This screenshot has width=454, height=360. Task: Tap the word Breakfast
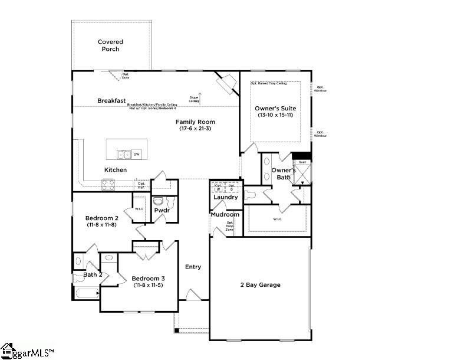click(x=111, y=100)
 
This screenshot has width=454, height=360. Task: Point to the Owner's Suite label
click(x=275, y=109)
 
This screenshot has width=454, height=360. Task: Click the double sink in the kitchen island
click(x=124, y=155)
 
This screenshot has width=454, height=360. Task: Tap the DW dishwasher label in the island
click(x=137, y=155)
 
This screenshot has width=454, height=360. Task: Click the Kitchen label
click(x=116, y=170)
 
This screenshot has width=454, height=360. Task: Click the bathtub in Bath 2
click(x=87, y=293)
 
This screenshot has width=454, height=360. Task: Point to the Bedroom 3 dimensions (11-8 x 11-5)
click(x=148, y=285)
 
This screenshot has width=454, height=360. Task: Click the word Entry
click(x=193, y=267)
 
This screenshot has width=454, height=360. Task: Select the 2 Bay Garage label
click(x=260, y=284)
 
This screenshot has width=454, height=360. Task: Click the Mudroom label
click(x=225, y=214)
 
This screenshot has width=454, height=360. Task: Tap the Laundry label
click(x=225, y=197)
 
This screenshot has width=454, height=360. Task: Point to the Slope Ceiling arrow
click(x=199, y=97)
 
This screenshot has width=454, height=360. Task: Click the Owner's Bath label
click(x=282, y=174)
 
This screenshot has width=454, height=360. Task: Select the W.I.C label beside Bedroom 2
click(x=139, y=209)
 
